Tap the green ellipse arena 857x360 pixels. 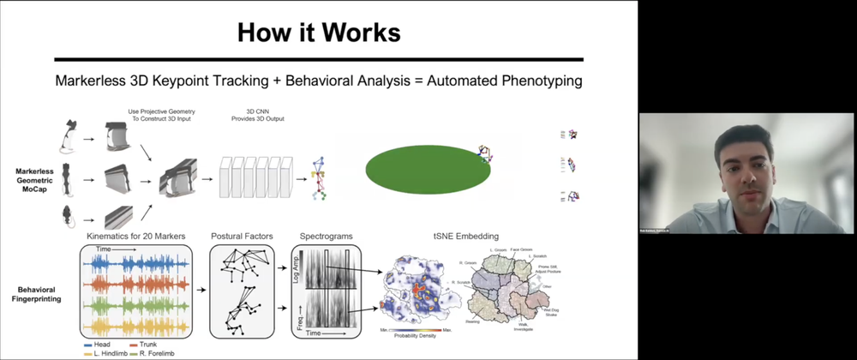pos(428,167)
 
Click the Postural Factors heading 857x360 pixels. pos(241,236)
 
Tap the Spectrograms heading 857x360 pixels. pos(326,236)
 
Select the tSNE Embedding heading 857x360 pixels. pos(462,236)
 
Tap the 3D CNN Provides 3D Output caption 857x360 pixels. pos(250,117)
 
